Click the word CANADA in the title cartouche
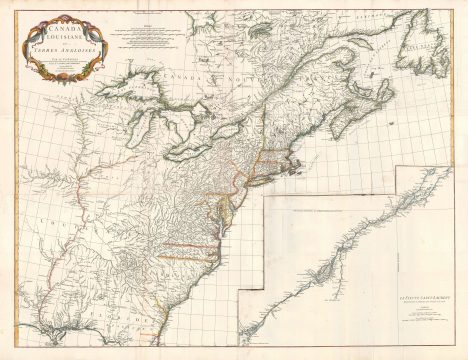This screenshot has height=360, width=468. coord(61,26)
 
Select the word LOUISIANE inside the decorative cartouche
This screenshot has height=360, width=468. coord(62,38)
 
